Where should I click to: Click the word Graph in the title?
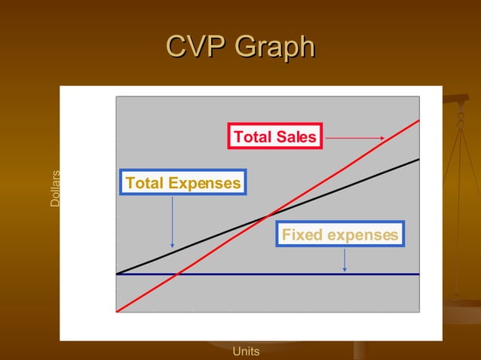(274, 47)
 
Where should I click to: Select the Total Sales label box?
(274, 136)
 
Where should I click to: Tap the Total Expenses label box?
(183, 183)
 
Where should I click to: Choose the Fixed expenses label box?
(339, 235)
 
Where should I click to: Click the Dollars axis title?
(55, 189)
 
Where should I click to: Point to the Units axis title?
(246, 351)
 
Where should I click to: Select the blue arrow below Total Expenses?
(173, 221)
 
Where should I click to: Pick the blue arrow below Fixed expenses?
(345, 259)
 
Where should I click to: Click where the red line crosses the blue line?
(177, 274)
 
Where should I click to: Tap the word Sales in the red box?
(296, 136)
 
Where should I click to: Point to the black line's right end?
(418, 159)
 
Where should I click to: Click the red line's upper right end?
(418, 121)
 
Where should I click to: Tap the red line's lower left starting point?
(117, 310)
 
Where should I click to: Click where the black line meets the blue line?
(117, 273)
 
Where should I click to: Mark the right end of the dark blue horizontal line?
(418, 274)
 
